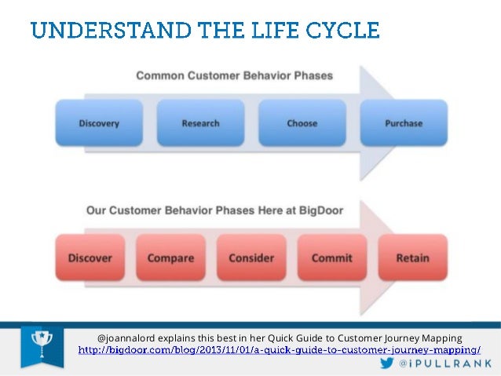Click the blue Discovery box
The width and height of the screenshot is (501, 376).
point(99,123)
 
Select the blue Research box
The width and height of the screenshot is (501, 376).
point(201,123)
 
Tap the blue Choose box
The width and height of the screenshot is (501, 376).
point(302,123)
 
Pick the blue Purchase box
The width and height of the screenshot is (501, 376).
point(404,123)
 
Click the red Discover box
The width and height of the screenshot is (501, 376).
point(90,257)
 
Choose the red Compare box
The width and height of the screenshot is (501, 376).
point(170,257)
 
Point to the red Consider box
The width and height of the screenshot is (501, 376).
point(251,257)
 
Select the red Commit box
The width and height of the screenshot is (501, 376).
point(332,257)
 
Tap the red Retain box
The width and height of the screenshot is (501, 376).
point(413,257)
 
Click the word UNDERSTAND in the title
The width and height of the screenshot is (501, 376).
point(112,31)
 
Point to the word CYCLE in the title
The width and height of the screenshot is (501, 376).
point(342,31)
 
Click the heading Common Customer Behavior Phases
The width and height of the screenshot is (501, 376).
point(235,75)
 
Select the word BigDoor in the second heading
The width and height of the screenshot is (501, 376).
point(321,211)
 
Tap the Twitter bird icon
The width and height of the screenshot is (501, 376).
point(387,363)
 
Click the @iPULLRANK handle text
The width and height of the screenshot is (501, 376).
point(445,363)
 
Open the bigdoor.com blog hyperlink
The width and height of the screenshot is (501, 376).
point(280,350)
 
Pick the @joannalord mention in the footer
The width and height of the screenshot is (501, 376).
point(126,338)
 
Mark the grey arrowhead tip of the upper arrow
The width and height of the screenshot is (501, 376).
point(394,123)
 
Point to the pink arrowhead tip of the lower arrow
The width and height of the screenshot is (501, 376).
point(394,257)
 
